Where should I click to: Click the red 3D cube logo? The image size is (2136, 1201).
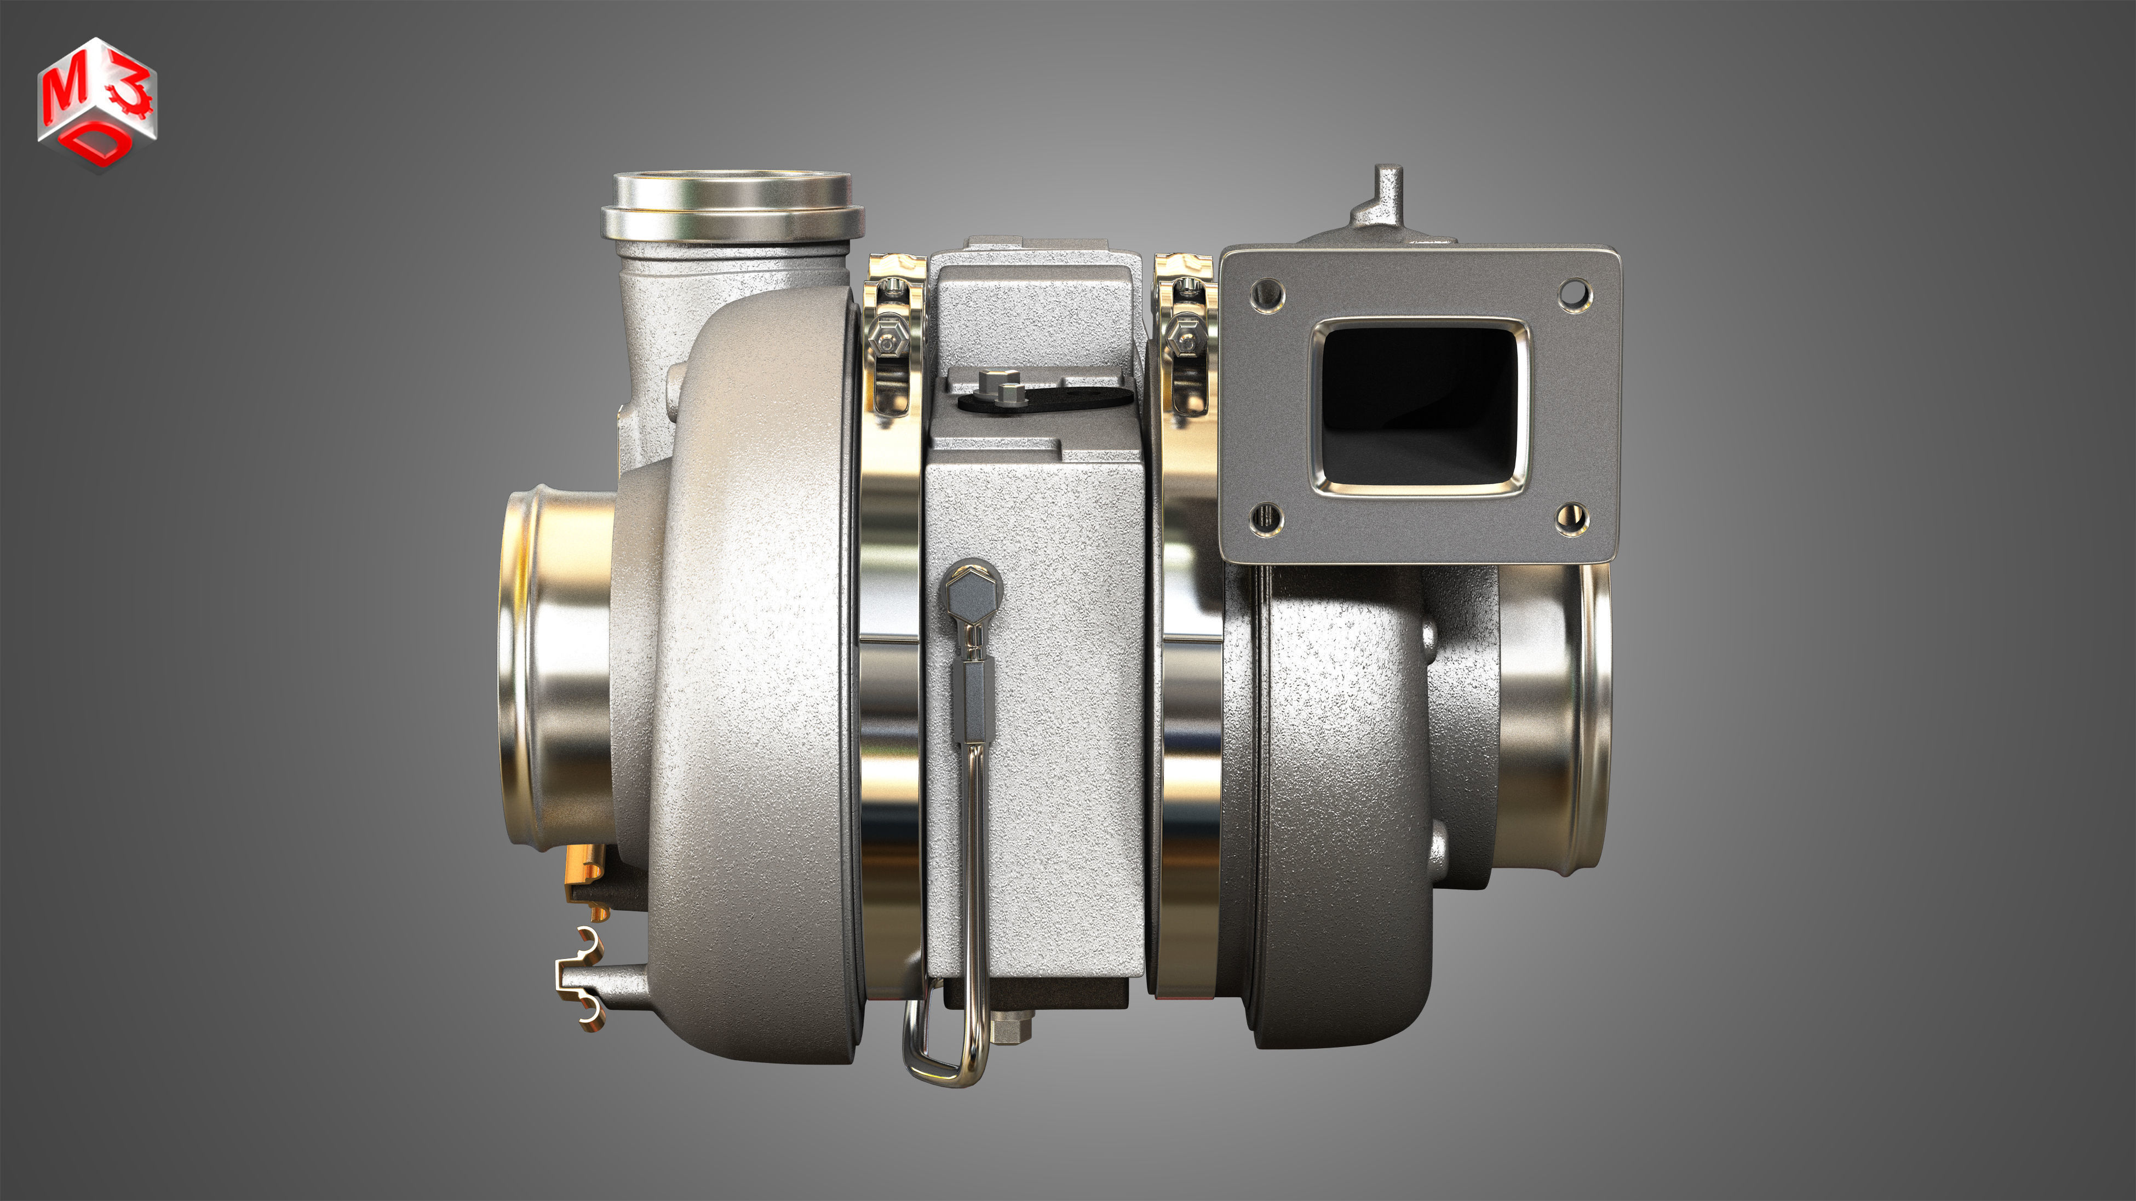[97, 104]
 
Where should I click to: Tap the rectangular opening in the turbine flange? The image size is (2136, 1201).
[1420, 406]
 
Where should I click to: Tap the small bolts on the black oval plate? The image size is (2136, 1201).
[998, 387]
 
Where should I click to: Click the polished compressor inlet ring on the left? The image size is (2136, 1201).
[555, 671]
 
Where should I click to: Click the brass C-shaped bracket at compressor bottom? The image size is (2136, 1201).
[581, 978]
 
